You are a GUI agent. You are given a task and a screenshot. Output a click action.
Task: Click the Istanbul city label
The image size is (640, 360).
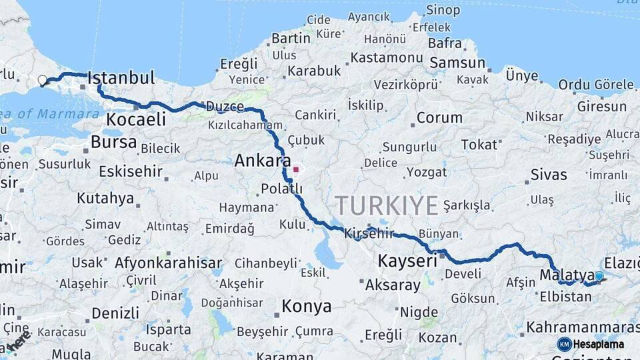121,77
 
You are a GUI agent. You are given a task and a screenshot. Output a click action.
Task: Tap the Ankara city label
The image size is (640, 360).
262,161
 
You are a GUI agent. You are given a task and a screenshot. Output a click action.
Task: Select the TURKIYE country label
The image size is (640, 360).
386,205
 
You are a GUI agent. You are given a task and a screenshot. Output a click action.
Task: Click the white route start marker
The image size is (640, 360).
43,81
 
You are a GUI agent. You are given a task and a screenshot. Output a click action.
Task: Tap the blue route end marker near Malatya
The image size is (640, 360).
599,276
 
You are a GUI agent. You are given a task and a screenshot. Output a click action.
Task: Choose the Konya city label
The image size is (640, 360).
306,307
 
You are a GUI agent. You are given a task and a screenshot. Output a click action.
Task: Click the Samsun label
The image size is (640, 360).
457,63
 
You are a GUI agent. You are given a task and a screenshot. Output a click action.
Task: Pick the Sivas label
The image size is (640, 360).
549,175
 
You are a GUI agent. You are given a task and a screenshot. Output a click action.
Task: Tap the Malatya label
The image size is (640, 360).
567,275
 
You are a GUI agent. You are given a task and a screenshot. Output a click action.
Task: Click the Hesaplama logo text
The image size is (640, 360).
599,345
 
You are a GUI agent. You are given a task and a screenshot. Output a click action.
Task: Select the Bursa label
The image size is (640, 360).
113,142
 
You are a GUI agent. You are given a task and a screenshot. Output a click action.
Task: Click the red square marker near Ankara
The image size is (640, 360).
295,169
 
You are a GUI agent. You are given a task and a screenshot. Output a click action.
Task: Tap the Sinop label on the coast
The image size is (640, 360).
443,10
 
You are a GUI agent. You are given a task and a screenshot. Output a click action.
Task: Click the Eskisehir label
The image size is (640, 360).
131,171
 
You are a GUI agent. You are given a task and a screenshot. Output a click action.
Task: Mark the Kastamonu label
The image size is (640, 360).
387,57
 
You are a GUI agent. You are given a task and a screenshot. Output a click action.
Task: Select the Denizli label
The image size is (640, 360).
115,313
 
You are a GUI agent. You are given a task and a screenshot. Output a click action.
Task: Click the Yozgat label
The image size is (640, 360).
426,173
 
